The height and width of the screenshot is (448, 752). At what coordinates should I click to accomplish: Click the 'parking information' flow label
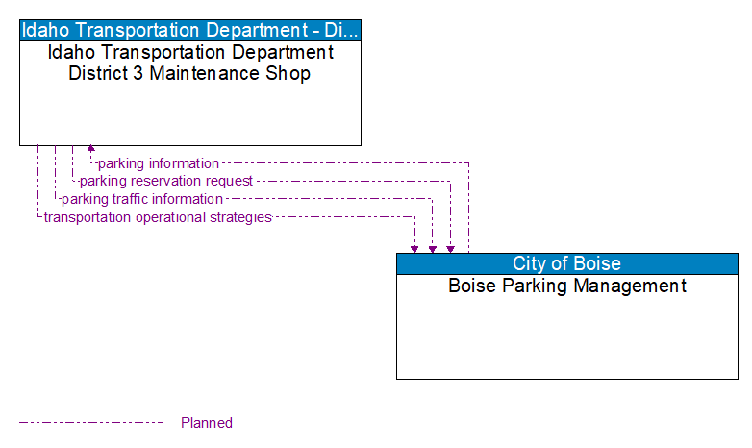159,163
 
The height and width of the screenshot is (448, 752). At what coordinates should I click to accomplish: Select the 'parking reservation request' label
165,181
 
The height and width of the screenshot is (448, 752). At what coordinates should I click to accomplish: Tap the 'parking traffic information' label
141,199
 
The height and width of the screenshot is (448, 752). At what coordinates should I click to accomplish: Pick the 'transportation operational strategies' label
158,217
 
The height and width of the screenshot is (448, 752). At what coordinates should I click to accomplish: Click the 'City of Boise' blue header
566,263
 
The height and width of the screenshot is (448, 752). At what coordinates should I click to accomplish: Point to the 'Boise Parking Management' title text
566,286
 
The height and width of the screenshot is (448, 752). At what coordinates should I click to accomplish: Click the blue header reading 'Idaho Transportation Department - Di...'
190,30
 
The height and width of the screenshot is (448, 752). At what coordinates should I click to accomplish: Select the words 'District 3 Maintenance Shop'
189,74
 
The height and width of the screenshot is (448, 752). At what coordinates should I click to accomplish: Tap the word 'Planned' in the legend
207,423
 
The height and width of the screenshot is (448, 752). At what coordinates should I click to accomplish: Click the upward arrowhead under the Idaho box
91,149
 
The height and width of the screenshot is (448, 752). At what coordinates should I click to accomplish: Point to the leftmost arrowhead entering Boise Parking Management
414,249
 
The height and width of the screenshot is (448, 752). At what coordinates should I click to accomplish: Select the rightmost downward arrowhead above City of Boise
450,249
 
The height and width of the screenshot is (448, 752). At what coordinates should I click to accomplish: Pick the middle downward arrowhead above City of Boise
433,249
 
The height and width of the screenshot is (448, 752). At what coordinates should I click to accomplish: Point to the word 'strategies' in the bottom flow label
241,217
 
